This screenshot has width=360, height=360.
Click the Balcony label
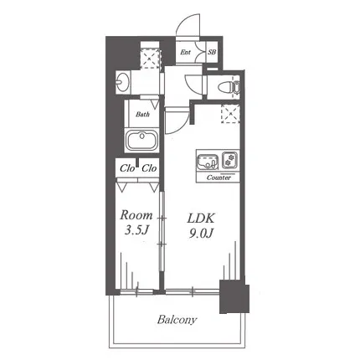(x=177, y=320)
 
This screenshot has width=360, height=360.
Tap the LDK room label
(x=201, y=219)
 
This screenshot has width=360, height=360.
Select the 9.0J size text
(x=201, y=233)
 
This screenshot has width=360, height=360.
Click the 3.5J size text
(x=136, y=229)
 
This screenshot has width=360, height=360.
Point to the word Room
(x=136, y=215)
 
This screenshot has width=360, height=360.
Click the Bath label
(x=142, y=114)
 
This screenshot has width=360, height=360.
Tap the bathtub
(x=141, y=141)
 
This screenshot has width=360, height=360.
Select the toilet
(x=229, y=87)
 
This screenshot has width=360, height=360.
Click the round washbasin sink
(x=123, y=82)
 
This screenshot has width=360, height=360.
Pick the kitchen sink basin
(x=208, y=162)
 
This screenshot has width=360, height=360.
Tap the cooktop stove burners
(x=229, y=160)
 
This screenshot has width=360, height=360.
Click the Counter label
(x=219, y=177)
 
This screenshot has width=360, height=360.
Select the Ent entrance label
(x=185, y=52)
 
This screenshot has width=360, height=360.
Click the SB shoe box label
(x=212, y=52)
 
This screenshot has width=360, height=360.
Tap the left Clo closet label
(x=127, y=168)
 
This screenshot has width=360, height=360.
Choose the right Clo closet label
(x=149, y=168)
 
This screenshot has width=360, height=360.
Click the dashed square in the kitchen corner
(x=230, y=115)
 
